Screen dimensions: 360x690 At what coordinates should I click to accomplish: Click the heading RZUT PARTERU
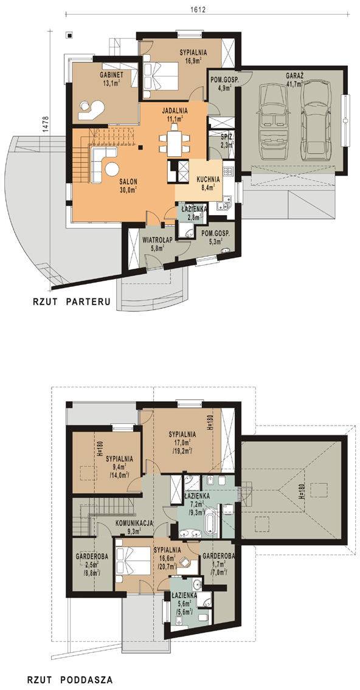(x=71, y=302)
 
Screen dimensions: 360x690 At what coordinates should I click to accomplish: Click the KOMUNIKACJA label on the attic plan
(x=134, y=523)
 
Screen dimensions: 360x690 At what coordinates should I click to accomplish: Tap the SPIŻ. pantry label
(x=227, y=137)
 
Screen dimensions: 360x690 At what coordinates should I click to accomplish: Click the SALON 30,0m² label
(x=128, y=185)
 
